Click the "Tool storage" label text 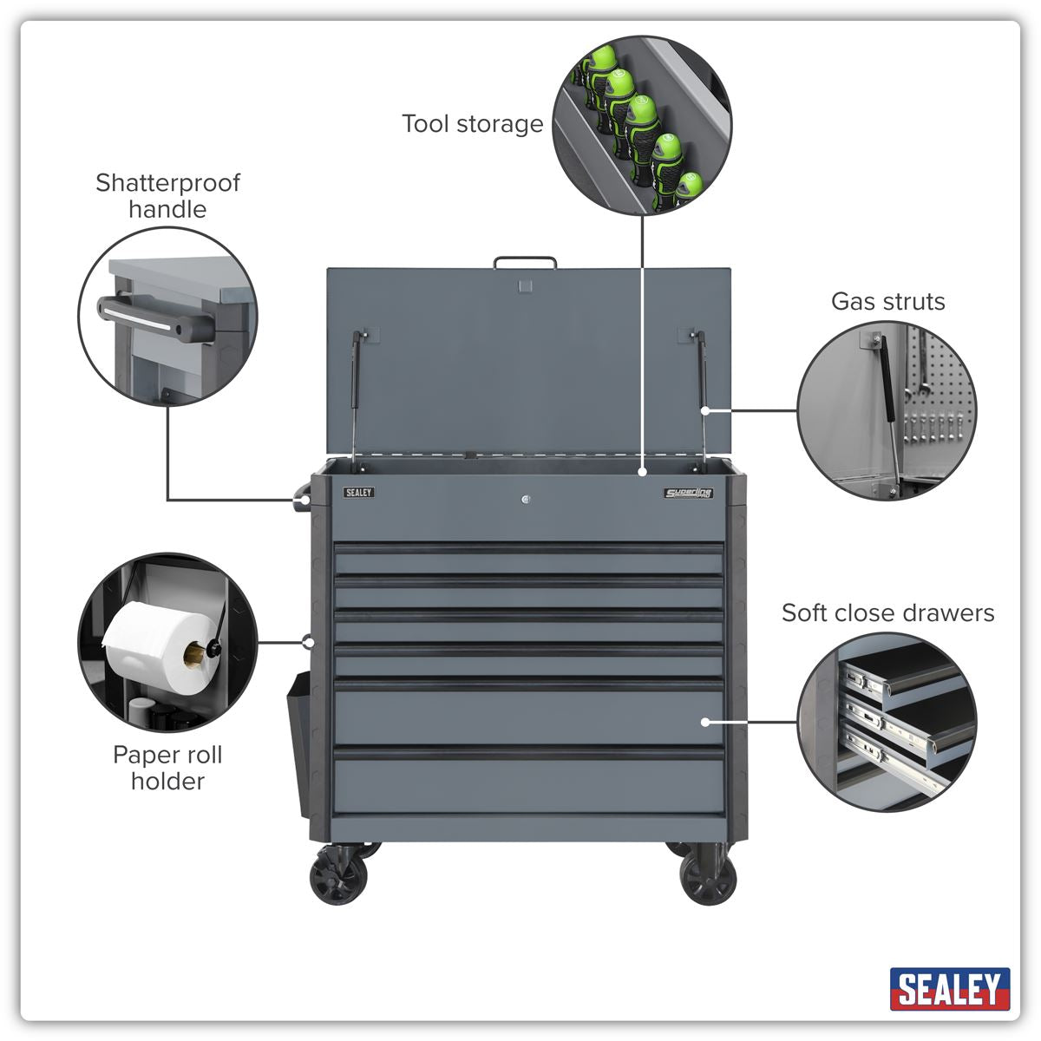[472, 124]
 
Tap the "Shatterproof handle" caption [167, 196]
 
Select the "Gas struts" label [887, 302]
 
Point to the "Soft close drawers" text [887, 613]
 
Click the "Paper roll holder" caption [167, 768]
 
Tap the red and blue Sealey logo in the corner [950, 989]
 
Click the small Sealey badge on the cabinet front [358, 493]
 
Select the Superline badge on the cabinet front [689, 494]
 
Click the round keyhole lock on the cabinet [527, 499]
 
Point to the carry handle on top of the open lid [525, 261]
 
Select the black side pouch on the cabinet [298, 742]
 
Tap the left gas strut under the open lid [354, 390]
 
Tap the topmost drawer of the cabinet [529, 560]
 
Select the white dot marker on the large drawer [705, 721]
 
